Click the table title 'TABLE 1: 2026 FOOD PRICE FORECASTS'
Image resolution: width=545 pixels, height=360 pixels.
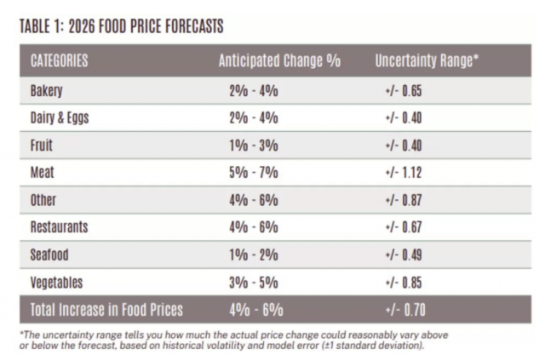[120, 27]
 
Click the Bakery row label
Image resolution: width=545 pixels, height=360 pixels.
[47, 90]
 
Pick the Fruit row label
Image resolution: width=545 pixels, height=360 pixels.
[42, 146]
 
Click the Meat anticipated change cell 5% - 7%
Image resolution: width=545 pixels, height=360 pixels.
[254, 173]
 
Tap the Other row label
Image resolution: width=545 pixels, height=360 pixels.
[43, 200]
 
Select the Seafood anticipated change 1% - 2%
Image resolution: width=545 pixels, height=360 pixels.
[254, 254]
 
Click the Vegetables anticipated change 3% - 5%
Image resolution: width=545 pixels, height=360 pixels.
[254, 282]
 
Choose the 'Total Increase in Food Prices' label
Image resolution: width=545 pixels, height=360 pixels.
[106, 310]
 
